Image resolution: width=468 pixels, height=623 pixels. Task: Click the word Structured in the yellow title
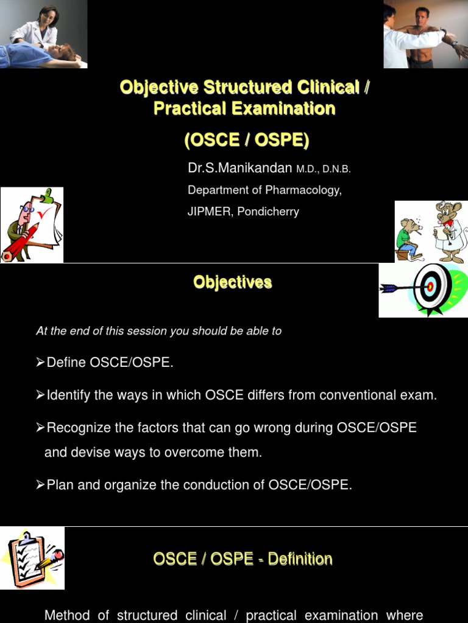tap(247, 88)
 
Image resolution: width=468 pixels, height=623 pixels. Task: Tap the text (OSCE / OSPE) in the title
tap(247, 140)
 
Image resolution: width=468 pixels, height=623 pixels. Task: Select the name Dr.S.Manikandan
tap(240, 168)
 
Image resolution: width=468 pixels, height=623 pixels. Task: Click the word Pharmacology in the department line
tap(303, 190)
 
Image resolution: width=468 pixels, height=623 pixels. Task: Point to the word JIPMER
tap(209, 211)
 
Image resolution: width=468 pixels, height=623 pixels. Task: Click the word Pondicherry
tap(268, 212)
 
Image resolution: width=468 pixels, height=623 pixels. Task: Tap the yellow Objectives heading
tap(233, 282)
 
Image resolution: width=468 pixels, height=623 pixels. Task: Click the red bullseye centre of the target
tap(430, 286)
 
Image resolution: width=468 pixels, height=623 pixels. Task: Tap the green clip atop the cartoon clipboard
tap(48, 195)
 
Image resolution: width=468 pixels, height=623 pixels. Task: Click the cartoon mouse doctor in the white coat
tap(450, 232)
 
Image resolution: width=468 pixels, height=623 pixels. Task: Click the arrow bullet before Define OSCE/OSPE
tap(40, 363)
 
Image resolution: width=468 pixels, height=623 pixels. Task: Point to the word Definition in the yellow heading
tap(300, 559)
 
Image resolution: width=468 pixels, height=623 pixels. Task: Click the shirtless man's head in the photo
tap(422, 16)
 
